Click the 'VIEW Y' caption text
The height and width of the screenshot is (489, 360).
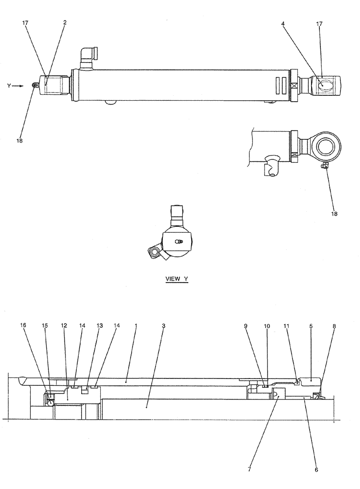176,279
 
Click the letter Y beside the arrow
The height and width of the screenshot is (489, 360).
8,86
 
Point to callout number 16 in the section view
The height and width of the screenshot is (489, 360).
22,325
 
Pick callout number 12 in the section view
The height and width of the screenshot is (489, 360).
64,325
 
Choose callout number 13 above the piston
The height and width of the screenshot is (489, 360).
100,325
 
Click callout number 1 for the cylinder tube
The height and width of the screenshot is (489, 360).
135,325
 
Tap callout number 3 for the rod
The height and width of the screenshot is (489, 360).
163,325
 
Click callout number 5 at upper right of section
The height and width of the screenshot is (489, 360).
311,325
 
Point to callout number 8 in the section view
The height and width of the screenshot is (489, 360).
334,325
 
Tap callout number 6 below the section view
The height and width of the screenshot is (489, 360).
316,470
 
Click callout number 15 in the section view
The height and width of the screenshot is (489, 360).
45,325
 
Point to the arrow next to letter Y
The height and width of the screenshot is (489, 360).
18,86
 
